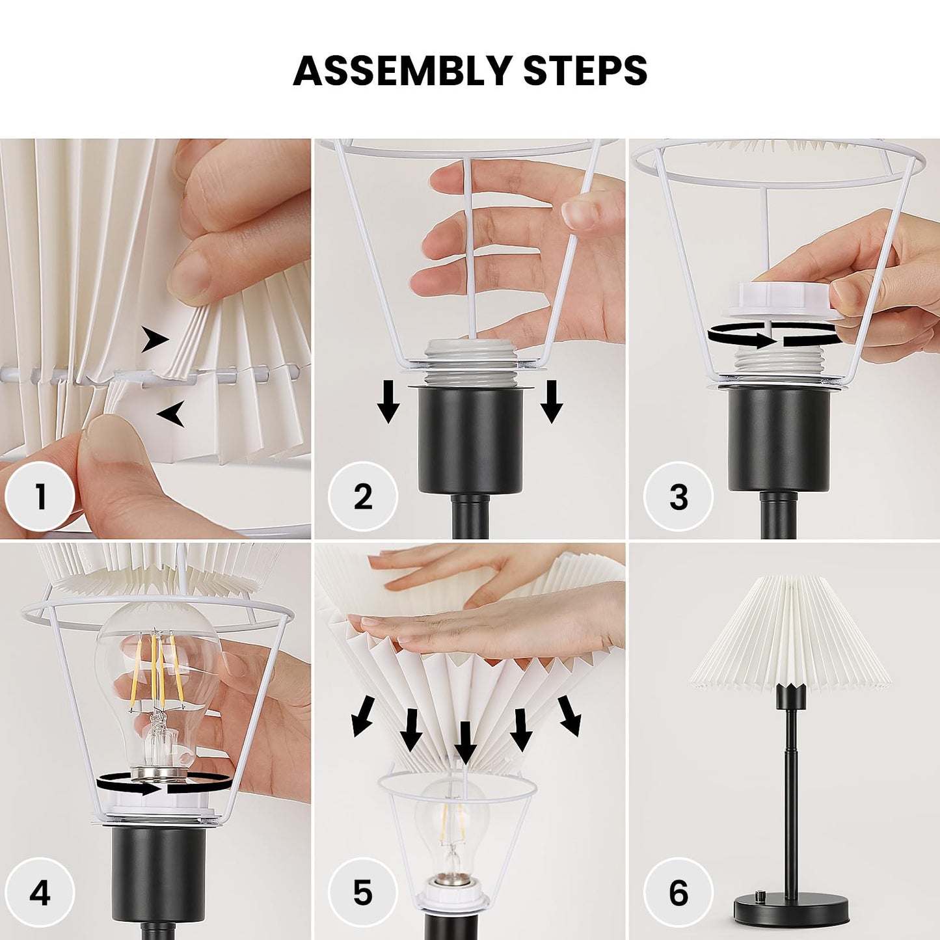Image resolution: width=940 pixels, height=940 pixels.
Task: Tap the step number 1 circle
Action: coord(40,497)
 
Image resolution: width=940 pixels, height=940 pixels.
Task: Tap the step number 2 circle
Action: coord(362,497)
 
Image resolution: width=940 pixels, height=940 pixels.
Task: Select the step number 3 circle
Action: coord(678,497)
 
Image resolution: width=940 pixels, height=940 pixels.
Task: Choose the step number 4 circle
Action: coord(40,893)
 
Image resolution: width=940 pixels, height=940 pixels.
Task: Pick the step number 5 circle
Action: coord(362,893)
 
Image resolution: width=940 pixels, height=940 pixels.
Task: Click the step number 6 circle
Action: coord(678,893)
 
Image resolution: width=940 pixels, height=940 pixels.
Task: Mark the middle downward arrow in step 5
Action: coord(465,742)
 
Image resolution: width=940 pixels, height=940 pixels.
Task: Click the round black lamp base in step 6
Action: coord(790,906)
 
